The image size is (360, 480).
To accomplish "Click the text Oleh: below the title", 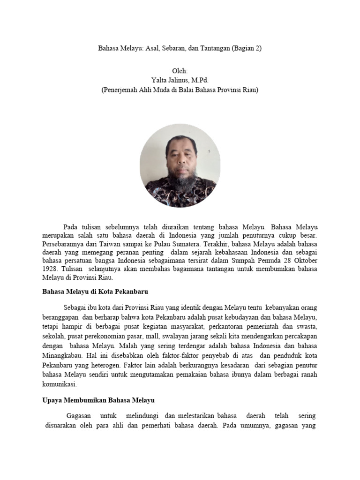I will (180, 71).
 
